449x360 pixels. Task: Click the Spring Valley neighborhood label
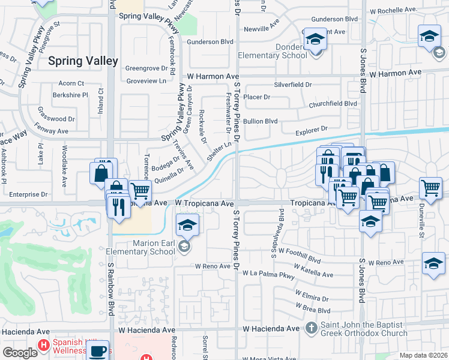tap(83, 61)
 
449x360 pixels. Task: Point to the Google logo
tap(19, 353)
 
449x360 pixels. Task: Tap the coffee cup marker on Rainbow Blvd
tap(99, 351)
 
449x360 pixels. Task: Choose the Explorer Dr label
tap(311, 129)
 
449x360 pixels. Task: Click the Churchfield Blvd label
tap(333, 103)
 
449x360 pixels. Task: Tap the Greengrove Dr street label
tap(146, 68)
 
